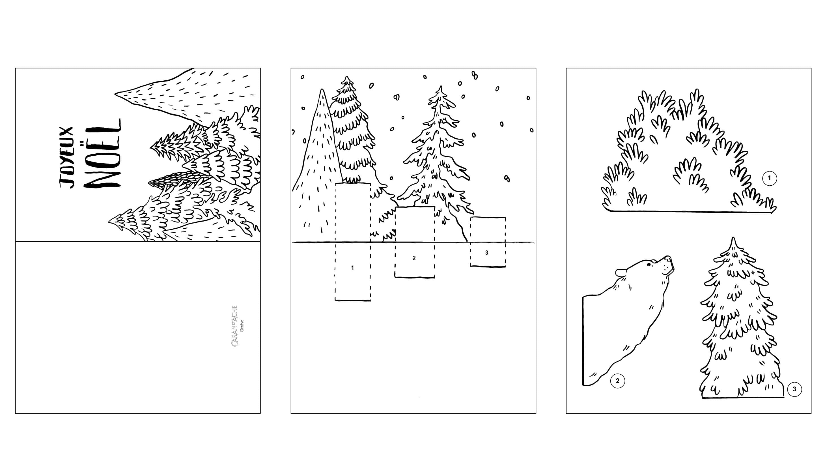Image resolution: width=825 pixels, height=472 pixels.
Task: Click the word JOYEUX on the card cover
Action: coord(67,157)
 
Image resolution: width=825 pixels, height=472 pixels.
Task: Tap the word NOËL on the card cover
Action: coord(102,153)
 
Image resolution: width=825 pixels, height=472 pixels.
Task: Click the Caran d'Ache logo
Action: coord(237,326)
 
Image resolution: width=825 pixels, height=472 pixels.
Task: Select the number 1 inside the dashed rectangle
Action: coord(352,268)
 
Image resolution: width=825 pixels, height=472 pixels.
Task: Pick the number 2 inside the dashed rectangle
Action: coord(414,258)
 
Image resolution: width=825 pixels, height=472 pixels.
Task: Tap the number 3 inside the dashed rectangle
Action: coord(486,252)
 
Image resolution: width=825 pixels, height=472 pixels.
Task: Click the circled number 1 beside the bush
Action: coord(769,178)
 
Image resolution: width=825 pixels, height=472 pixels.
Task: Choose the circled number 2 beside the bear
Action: coord(617,381)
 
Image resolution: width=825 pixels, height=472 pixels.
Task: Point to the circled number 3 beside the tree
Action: coord(794,389)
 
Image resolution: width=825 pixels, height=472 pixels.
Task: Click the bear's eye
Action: coord(649,265)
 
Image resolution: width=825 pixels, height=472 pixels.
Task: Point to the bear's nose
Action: coord(669,258)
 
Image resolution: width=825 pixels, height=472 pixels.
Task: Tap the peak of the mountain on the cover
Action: coord(115,94)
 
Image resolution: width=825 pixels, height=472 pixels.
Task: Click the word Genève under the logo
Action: coord(242,325)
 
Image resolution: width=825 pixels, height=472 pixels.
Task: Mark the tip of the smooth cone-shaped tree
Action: coord(322,89)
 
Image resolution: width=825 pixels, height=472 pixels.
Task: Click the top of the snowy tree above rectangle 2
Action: coord(441,87)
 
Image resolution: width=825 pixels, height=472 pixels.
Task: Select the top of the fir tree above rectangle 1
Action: coord(347,77)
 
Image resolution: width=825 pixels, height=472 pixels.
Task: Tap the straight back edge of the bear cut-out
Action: coord(583,340)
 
